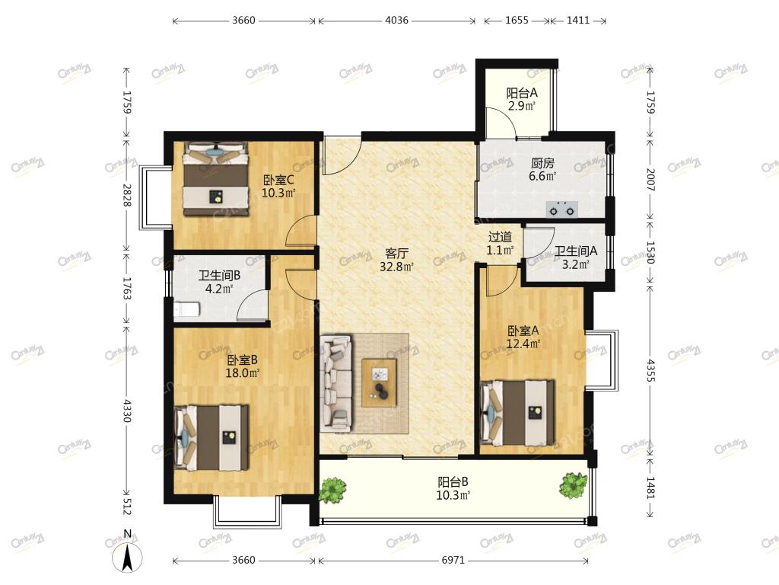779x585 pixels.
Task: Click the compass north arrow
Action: (x=127, y=556)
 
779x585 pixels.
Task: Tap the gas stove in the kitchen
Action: (x=562, y=209)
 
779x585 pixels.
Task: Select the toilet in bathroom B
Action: (x=187, y=309)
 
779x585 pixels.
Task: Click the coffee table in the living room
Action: (x=379, y=382)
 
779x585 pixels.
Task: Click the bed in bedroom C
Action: (x=215, y=178)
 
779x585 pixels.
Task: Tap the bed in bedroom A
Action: (x=517, y=414)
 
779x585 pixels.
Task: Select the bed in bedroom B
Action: (x=211, y=437)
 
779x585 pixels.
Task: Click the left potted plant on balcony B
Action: (x=332, y=490)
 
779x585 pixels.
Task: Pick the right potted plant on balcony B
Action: (x=573, y=484)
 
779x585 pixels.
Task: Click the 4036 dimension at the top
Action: (x=396, y=21)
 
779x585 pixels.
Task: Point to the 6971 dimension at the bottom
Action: (x=453, y=560)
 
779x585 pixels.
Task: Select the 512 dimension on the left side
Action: (x=127, y=506)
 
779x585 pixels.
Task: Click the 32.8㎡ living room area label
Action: (x=396, y=267)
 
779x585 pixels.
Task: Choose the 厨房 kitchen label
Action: (x=542, y=163)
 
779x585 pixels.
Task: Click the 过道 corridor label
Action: (x=499, y=238)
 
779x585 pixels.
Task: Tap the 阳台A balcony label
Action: (x=522, y=92)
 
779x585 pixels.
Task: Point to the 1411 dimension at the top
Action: (x=578, y=21)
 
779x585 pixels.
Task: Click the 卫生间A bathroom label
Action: (x=576, y=251)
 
